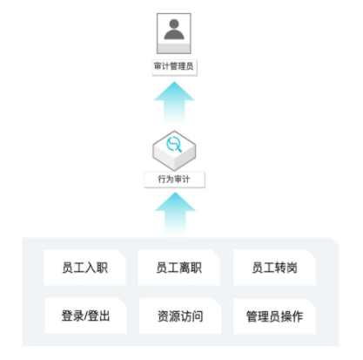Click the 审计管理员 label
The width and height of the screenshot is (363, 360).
pos(174,67)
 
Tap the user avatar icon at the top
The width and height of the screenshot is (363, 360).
pos(174,33)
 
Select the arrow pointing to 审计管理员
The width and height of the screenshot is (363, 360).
pos(174,102)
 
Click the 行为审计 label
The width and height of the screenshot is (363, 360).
pos(175,180)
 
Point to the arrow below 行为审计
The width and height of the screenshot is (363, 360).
pos(175,213)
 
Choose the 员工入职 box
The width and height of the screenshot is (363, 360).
pos(84,268)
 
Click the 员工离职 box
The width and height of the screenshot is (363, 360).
pos(179,268)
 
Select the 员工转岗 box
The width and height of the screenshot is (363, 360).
pos(274,268)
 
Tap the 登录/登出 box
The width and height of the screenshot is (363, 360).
pos(85,316)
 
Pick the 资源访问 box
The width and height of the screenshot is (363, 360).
pos(180,316)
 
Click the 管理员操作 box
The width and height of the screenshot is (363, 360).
pos(274,316)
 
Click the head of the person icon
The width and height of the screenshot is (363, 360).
pos(174,24)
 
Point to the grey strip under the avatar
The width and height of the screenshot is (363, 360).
pos(174,49)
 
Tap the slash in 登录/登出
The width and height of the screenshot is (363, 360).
pos(86,316)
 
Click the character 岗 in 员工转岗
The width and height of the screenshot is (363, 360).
pos(292,268)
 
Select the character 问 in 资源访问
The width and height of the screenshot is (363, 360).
pos(198,316)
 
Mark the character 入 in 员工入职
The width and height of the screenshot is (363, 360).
pos(91,268)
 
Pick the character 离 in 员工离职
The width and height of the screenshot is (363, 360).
pos(185,268)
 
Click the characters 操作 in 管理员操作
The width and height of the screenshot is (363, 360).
pos(292,316)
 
